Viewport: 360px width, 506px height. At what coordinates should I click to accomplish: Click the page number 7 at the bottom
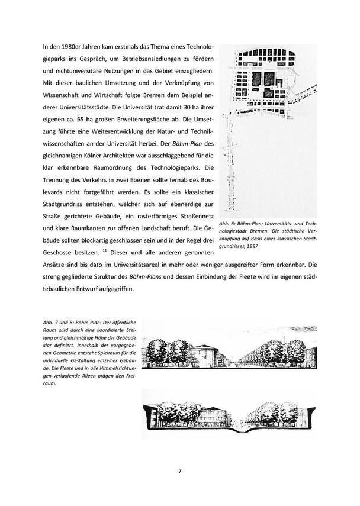180,471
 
